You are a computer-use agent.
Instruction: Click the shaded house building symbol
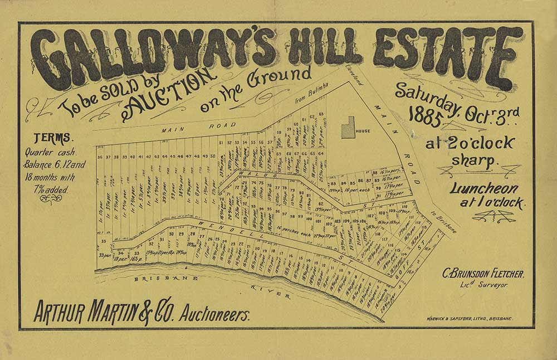(348, 128)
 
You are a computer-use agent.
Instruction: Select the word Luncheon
(485, 188)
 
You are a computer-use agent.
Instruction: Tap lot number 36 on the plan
(100, 157)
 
